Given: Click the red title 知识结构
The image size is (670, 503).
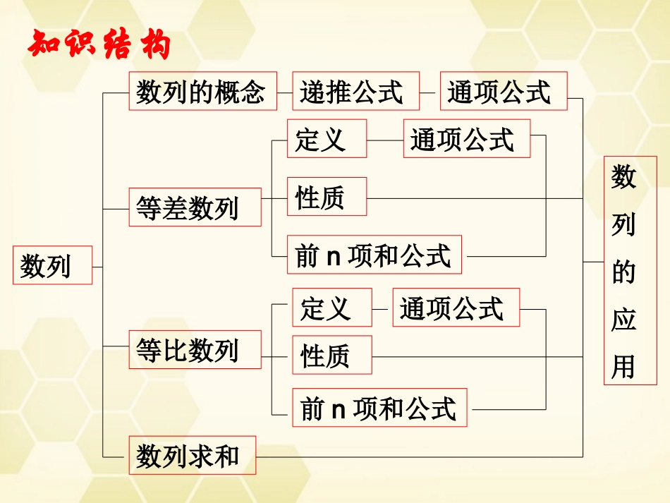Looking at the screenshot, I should tap(99, 44).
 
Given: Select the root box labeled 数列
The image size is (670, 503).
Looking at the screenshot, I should tap(52, 265).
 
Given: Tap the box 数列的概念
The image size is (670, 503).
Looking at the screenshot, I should tap(201, 91).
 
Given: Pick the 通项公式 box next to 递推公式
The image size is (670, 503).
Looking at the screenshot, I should tap(503, 91).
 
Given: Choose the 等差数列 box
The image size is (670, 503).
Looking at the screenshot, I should tap(195, 207).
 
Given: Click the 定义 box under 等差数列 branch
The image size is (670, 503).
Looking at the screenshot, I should tap(327, 138).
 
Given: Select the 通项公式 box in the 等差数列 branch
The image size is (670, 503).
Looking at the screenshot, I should tap(466, 138).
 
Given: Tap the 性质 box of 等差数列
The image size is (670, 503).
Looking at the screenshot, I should tap(327, 196).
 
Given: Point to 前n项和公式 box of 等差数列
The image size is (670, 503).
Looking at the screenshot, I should tap(374, 255).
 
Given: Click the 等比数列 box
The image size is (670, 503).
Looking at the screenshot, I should tap(195, 349).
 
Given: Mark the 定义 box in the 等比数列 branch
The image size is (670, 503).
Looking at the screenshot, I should tap(331, 308).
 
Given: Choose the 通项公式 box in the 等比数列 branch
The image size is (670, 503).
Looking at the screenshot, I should tap(456, 308).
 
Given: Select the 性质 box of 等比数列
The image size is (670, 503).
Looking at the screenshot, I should tap(331, 355).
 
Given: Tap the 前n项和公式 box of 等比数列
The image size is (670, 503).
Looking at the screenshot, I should tap(379, 408).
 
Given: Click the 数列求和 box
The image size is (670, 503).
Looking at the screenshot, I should tap(192, 455).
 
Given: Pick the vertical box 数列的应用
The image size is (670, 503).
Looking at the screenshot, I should tap(623, 271).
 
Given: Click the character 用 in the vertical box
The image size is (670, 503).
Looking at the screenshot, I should tap(623, 365).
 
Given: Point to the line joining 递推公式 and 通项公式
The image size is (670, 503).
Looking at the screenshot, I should tap(430, 91).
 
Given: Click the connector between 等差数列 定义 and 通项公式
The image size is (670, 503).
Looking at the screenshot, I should tap(385, 139).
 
